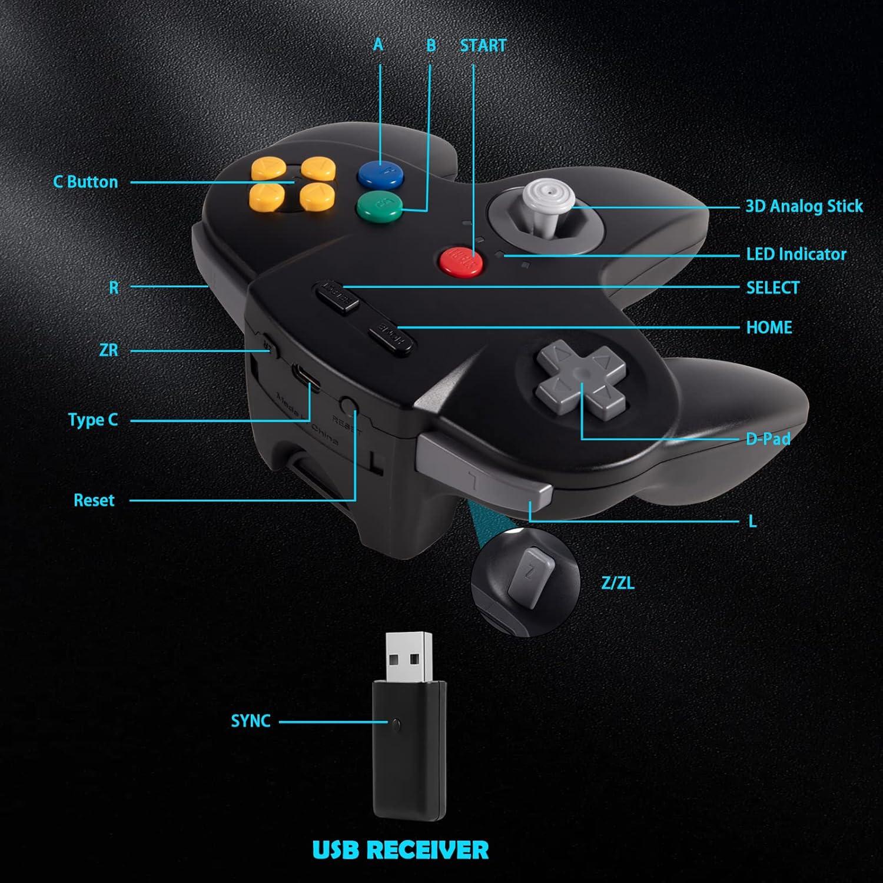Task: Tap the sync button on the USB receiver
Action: pyautogui.click(x=398, y=722)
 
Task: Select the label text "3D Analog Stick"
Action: pyautogui.click(x=804, y=207)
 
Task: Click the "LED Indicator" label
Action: pyautogui.click(x=796, y=254)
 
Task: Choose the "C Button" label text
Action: pyautogui.click(x=86, y=182)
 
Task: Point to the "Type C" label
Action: pyautogui.click(x=93, y=420)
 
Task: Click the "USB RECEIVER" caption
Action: pyautogui.click(x=400, y=850)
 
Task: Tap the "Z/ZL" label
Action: pyautogui.click(x=618, y=583)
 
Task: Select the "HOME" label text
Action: pyautogui.click(x=769, y=327)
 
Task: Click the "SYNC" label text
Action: pyautogui.click(x=250, y=721)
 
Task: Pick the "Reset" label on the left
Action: pyautogui.click(x=94, y=500)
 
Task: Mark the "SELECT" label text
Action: pyautogui.click(x=772, y=288)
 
